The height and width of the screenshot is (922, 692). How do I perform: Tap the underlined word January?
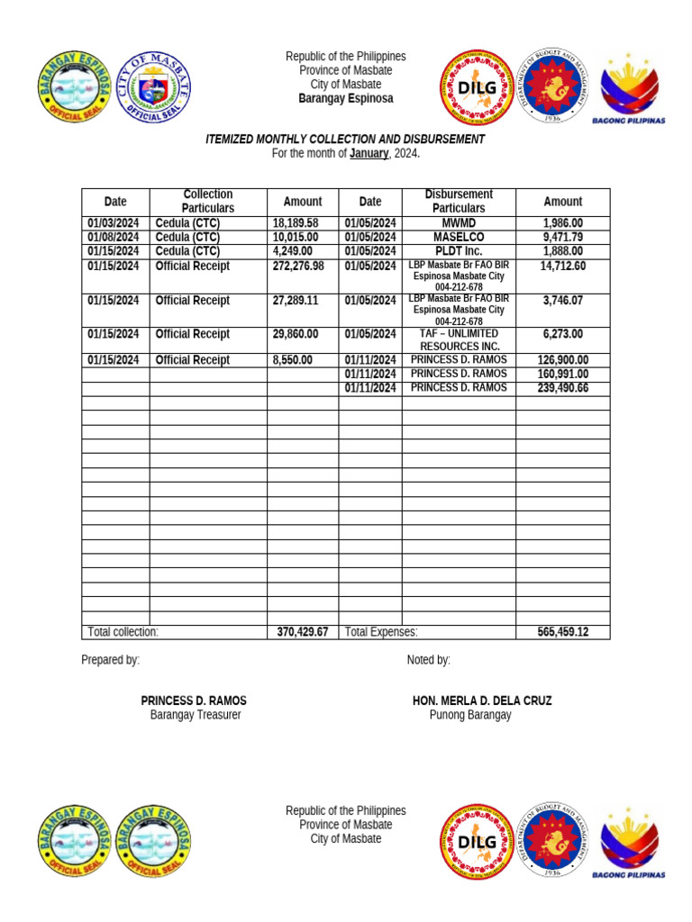[369, 154]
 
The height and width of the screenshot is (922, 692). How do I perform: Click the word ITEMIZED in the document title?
[232, 140]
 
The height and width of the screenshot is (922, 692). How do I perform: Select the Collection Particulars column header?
[208, 202]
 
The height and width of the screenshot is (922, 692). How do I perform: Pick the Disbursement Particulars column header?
[458, 202]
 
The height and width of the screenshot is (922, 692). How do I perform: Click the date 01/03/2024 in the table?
[113, 223]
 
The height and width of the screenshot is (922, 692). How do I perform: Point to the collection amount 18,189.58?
[296, 223]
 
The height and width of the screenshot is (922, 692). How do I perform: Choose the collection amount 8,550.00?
[293, 360]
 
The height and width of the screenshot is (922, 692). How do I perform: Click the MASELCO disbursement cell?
[458, 238]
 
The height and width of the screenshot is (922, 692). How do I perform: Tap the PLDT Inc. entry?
[458, 251]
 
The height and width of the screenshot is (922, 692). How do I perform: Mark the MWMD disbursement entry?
[458, 223]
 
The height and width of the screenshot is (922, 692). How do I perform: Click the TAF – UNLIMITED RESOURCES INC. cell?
[459, 339]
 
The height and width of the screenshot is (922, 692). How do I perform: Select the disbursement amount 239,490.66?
[562, 388]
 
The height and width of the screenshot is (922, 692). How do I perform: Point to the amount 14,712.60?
[562, 267]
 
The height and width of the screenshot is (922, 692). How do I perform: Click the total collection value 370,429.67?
[303, 632]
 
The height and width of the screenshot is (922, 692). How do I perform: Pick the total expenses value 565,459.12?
[562, 632]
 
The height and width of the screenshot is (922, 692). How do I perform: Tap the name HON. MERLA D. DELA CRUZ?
[482, 701]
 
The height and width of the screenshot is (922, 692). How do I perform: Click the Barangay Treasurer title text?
[196, 715]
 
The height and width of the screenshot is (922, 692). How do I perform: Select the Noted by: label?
[428, 660]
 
